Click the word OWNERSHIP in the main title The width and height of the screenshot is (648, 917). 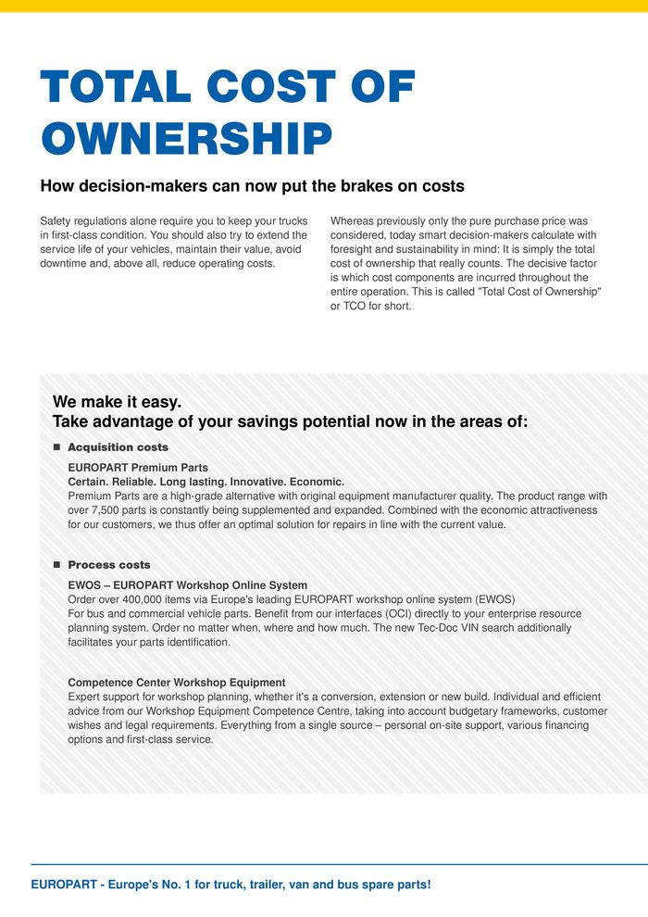186,139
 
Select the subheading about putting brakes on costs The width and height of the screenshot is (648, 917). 252,186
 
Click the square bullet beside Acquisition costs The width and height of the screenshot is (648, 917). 56,447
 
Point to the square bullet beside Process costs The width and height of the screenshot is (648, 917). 56,565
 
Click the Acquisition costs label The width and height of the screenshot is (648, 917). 118,447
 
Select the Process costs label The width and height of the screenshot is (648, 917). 109,565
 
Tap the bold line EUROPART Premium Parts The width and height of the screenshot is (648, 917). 138,468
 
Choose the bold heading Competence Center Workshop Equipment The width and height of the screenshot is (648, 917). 177,683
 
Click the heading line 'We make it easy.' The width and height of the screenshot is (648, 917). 117,402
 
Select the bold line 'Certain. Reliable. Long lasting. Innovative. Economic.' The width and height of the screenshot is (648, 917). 206,482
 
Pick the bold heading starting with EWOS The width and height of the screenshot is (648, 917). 188,585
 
